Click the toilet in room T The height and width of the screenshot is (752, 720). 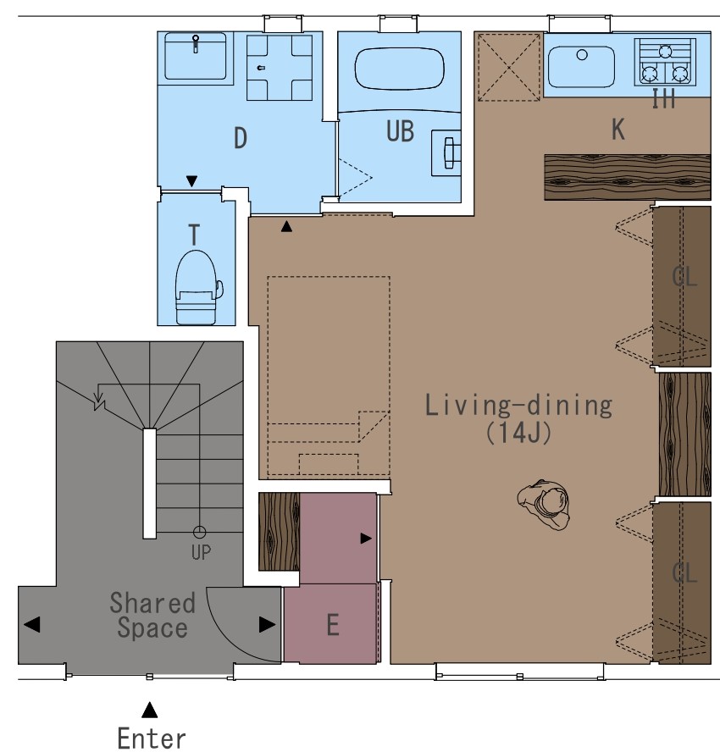click(197, 287)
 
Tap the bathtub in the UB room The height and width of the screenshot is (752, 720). click(399, 68)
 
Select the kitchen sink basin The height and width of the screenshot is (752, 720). click(581, 67)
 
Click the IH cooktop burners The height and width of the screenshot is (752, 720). click(665, 62)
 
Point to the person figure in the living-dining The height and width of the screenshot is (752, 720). click(544, 504)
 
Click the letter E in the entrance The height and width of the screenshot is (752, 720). click(333, 625)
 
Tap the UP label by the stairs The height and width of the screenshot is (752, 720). click(201, 552)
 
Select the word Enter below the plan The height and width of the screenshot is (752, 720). click(152, 738)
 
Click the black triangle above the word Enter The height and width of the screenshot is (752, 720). click(150, 710)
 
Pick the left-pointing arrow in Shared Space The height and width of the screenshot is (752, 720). click(31, 624)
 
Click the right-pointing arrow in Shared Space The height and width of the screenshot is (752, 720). click(267, 624)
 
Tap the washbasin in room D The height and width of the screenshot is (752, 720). click(195, 56)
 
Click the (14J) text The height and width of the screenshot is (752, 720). click(518, 433)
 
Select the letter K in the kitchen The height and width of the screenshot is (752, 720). click(618, 129)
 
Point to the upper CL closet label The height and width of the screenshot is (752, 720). click(684, 277)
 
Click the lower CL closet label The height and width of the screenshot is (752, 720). click(684, 573)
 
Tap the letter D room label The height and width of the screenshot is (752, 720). click(241, 138)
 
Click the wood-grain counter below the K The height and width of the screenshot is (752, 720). click(628, 177)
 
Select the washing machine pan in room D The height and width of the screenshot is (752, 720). click(280, 68)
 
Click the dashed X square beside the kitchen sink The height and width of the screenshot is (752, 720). click(509, 67)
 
